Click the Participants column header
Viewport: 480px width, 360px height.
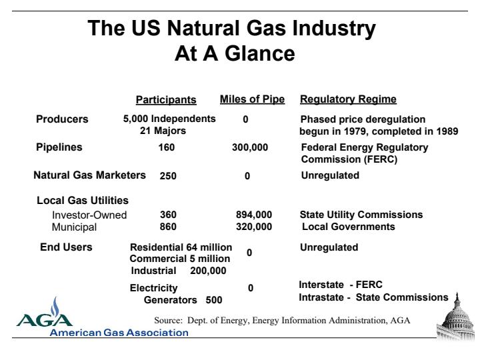(x=166, y=100)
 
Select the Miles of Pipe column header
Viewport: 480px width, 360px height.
(x=252, y=99)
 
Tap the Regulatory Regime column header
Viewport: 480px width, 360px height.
(x=348, y=99)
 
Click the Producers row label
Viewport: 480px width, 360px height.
(x=62, y=119)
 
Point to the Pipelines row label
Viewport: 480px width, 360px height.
(x=59, y=147)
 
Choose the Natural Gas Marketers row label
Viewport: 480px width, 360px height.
(x=90, y=175)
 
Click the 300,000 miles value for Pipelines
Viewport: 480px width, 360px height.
(x=250, y=147)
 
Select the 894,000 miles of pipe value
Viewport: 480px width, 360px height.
(x=254, y=215)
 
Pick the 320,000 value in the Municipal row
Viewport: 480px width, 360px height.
(x=254, y=227)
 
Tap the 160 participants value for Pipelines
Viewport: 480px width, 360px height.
(x=167, y=147)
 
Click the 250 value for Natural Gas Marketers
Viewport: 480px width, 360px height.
(x=168, y=176)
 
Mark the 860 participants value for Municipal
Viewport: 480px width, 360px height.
(x=168, y=227)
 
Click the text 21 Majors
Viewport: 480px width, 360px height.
(x=163, y=131)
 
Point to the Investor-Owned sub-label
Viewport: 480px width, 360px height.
(x=89, y=215)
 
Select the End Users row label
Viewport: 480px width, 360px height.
(x=66, y=247)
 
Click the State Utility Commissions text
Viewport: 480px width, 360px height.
(x=361, y=215)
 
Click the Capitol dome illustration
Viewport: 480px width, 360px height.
(x=456, y=317)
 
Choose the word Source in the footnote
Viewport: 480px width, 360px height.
(x=168, y=321)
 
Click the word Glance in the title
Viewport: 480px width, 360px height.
(x=260, y=53)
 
